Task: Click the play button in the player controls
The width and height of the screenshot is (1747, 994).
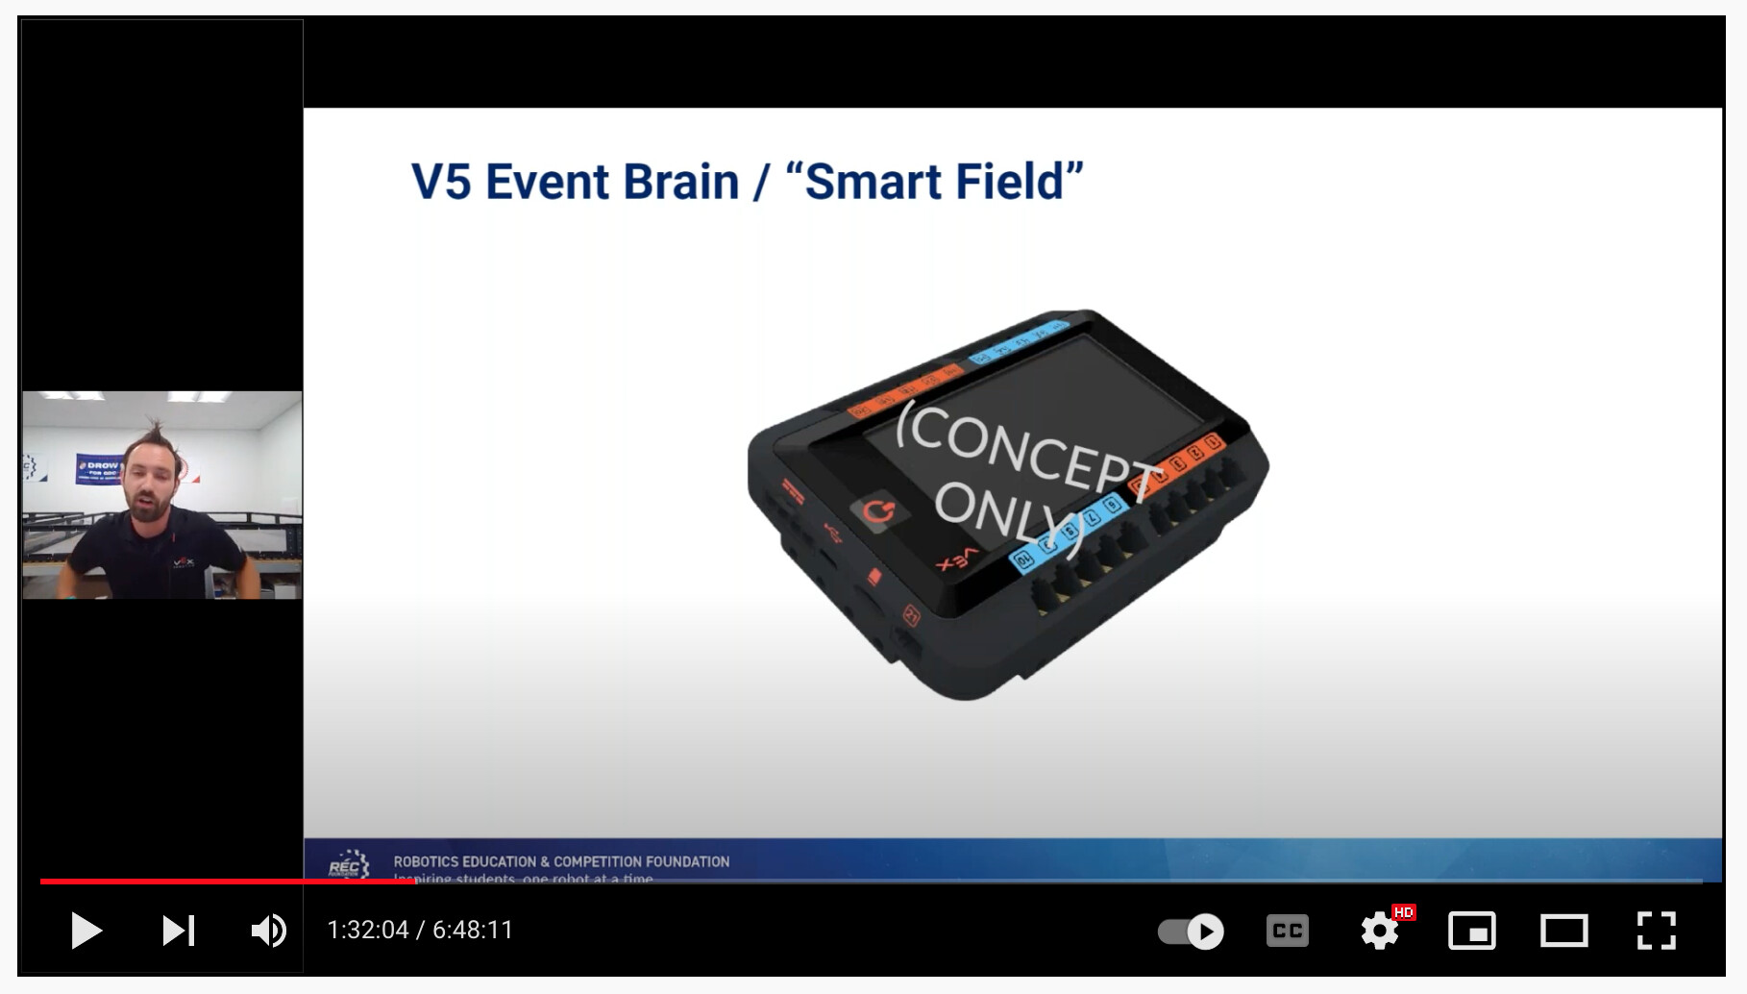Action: [x=86, y=931]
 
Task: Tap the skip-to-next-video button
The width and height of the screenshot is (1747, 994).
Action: [x=178, y=931]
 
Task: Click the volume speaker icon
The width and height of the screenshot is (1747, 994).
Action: [x=268, y=931]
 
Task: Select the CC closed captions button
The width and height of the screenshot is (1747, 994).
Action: [x=1287, y=931]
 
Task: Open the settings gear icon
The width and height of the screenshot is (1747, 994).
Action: [x=1380, y=931]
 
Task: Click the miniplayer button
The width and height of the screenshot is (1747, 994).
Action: [x=1471, y=931]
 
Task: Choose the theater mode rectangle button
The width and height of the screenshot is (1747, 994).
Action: [x=1563, y=931]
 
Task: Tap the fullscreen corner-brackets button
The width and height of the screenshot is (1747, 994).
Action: [x=1656, y=931]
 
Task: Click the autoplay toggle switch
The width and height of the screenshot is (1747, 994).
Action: [x=1191, y=931]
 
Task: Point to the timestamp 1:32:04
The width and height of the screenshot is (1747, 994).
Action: [x=368, y=931]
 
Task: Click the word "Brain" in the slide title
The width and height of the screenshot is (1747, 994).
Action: [x=680, y=182]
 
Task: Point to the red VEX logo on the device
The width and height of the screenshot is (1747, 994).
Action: [x=958, y=559]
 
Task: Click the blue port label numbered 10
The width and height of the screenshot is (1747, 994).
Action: [x=1022, y=558]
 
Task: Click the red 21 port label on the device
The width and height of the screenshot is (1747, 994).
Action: [x=910, y=615]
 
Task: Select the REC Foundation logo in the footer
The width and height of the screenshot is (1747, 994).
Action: [x=349, y=862]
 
